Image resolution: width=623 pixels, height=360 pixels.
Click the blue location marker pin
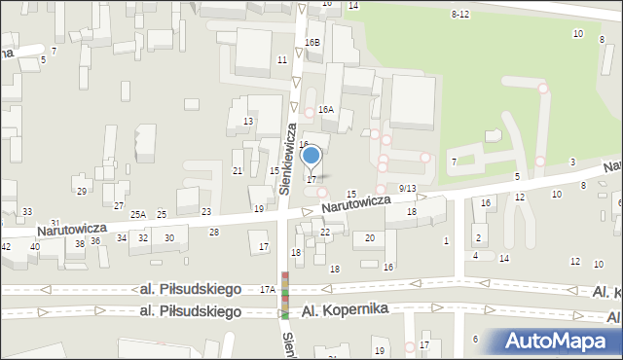[311, 156]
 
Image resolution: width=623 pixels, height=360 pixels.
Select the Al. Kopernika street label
[345, 308]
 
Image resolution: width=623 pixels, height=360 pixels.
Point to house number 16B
[311, 43]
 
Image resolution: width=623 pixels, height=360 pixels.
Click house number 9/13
[408, 188]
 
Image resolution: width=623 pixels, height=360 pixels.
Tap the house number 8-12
[460, 14]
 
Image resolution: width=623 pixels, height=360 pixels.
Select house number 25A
[139, 214]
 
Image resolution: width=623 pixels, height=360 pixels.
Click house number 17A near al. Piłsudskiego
[268, 289]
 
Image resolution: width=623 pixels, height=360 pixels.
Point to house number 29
[82, 190]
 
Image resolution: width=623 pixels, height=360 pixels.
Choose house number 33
[27, 211]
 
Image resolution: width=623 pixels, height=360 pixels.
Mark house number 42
[6, 247]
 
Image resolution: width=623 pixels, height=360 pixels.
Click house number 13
[248, 121]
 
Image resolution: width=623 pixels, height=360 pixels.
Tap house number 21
[238, 170]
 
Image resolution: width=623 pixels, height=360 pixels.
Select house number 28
[214, 232]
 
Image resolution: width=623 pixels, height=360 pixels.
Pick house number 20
[369, 237]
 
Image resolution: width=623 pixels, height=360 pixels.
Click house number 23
[206, 211]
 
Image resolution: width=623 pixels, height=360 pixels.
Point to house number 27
[118, 205]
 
